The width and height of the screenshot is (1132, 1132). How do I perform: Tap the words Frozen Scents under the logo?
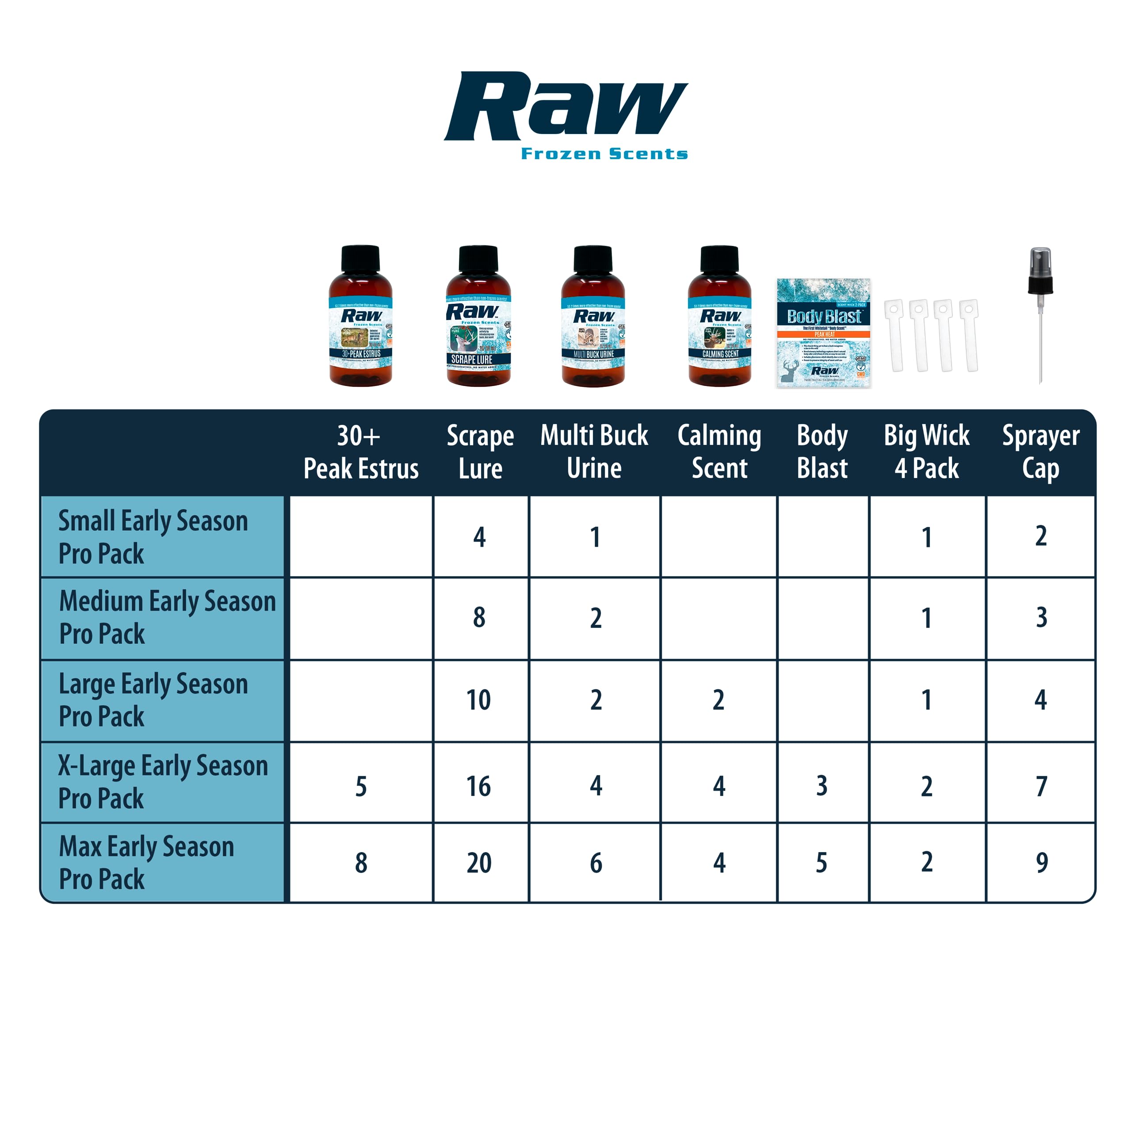tap(604, 154)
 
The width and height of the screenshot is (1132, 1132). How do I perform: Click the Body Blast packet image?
tap(823, 333)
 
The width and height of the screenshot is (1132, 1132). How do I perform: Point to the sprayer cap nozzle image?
tap(1040, 315)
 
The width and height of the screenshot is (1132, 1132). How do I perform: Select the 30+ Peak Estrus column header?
tap(360, 452)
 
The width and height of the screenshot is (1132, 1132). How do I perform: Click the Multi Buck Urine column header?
tap(594, 452)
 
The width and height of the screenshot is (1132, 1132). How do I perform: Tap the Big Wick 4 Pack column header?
tap(926, 452)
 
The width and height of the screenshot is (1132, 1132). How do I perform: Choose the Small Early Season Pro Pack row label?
tap(153, 537)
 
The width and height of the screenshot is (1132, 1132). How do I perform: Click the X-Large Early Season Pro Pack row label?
tap(163, 782)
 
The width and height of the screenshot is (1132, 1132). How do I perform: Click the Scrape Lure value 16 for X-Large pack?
tap(479, 786)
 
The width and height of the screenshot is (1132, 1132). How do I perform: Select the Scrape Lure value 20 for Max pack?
tap(479, 863)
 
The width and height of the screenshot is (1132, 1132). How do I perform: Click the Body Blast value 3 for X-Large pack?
tap(822, 786)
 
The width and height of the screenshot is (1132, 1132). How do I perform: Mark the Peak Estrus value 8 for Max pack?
tap(361, 863)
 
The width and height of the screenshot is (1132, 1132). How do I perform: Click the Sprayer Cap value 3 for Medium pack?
tap(1041, 618)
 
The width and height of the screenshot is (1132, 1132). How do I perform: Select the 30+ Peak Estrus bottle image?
tap(360, 317)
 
